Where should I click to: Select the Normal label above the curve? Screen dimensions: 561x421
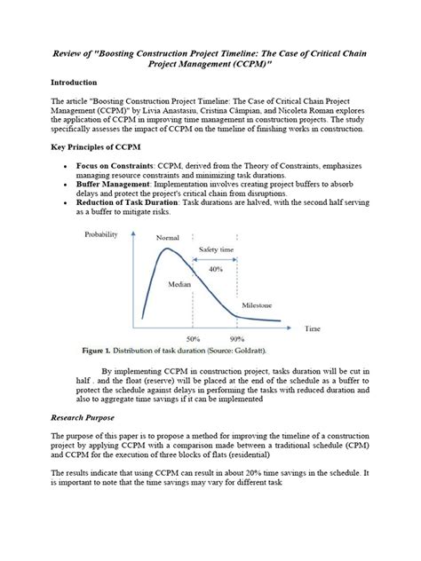click(x=167, y=239)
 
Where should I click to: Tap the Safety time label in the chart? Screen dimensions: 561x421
click(x=218, y=251)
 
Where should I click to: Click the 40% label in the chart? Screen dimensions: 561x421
click(x=216, y=268)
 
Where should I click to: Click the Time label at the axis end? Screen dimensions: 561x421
click(x=311, y=328)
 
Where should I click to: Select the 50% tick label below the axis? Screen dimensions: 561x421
click(x=193, y=339)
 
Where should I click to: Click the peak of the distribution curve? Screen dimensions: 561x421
click(x=163, y=251)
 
